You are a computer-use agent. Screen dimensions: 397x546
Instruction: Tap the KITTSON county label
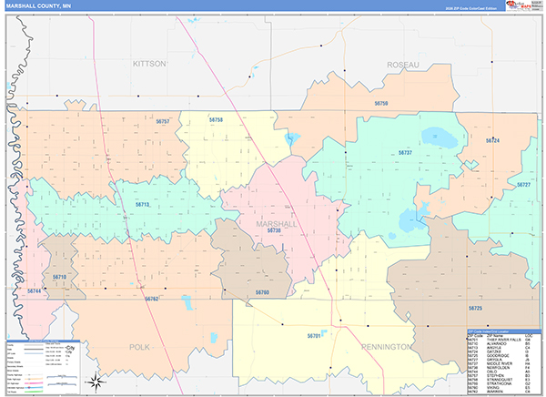tap(149, 65)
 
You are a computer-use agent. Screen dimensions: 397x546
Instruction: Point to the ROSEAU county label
tap(403, 65)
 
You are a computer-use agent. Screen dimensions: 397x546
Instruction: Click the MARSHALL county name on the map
tap(276, 223)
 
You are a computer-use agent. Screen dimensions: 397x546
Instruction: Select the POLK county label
tap(139, 347)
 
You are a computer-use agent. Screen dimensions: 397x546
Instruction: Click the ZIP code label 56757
tap(163, 121)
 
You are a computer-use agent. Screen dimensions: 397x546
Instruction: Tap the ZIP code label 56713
tap(141, 205)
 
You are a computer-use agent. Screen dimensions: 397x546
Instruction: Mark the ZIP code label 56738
tap(274, 231)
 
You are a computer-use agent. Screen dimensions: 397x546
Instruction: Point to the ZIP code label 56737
tap(405, 153)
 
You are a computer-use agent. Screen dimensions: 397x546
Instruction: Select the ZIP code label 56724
tap(492, 141)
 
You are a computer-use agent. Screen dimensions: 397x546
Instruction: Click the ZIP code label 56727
tap(523, 185)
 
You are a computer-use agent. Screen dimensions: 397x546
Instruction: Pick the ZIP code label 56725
tap(474, 310)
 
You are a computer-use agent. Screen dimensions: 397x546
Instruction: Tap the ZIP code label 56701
tap(315, 336)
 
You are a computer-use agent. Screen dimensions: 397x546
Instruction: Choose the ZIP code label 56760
tap(262, 292)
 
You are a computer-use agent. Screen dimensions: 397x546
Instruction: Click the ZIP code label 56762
tap(152, 299)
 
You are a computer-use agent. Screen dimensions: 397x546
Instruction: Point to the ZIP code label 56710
tap(60, 276)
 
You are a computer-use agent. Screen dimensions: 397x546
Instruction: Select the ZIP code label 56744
tap(35, 290)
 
